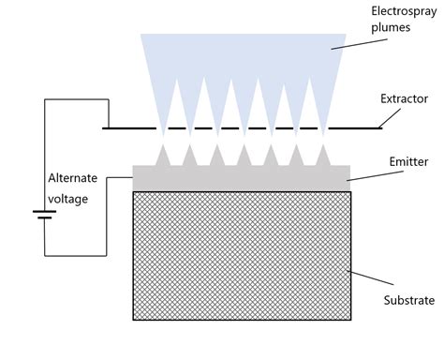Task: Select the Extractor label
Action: pyautogui.click(x=404, y=97)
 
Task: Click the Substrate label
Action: pyautogui.click(x=408, y=300)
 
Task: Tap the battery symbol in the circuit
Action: pyautogui.click(x=43, y=215)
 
